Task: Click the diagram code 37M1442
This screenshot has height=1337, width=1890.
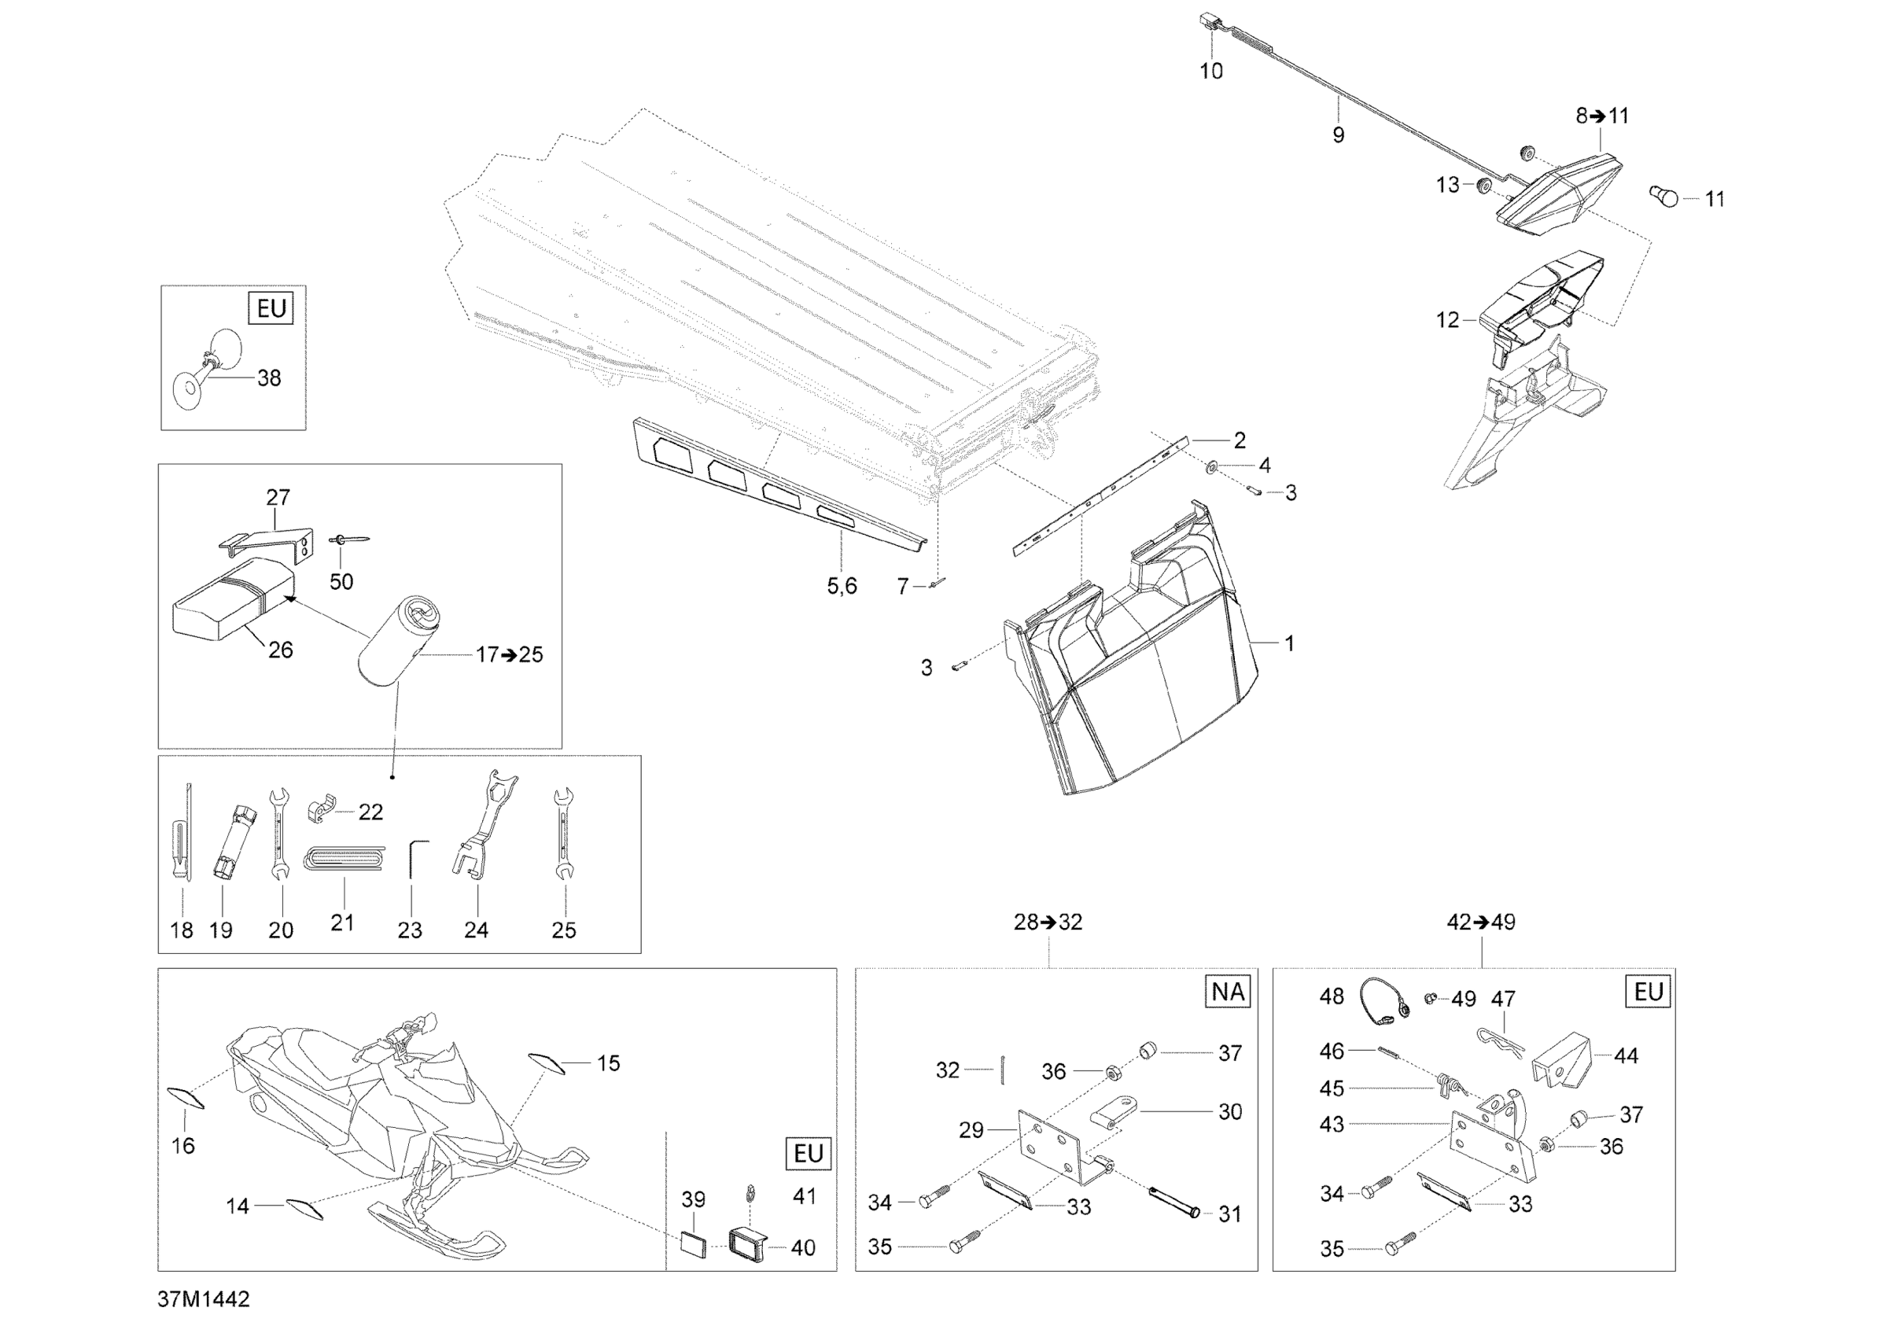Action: tap(204, 1299)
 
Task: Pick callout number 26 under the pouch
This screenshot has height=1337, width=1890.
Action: tap(280, 650)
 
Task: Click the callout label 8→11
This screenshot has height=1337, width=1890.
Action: tap(1602, 116)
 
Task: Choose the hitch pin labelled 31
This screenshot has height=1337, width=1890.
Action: tap(1172, 1203)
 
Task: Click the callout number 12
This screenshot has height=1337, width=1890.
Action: tap(1446, 319)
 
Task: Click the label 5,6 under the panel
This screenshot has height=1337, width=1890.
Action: tap(842, 585)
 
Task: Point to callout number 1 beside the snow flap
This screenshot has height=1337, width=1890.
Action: tap(1289, 643)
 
